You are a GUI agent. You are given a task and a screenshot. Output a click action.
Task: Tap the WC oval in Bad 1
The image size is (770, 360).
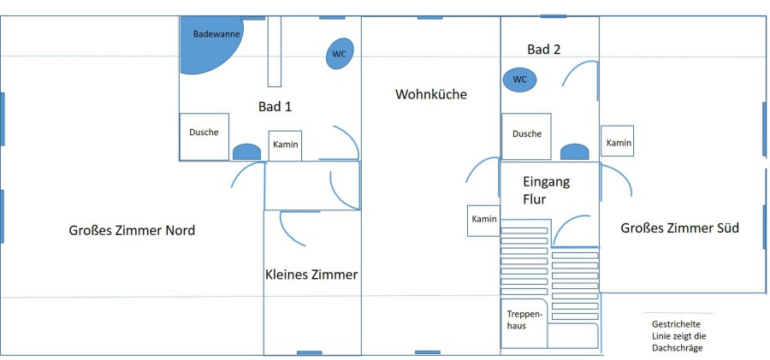pos(340,53)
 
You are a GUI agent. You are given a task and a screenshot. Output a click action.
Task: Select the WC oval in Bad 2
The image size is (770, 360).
pos(519,80)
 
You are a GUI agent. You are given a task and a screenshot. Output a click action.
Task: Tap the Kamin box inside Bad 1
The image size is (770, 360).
pos(286,145)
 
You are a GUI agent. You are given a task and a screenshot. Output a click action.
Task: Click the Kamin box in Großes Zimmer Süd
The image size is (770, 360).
pos(618,142)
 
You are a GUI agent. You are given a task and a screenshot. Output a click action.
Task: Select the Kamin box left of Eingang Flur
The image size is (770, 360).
pos(483,220)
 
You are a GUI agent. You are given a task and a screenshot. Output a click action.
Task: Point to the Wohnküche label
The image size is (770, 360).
pos(431,94)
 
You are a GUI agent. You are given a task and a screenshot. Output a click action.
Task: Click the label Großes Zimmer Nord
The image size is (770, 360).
pos(132,230)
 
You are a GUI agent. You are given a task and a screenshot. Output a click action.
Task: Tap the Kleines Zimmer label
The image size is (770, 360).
pos(311,274)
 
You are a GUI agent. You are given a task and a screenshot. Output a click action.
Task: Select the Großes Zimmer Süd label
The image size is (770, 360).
pos(679,228)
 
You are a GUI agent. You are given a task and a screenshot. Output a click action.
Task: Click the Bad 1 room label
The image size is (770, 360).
pos(275,107)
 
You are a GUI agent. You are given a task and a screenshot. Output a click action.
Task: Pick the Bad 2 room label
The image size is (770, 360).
pos(544,50)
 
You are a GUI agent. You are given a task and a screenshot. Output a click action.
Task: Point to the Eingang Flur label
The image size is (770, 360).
pos(546,191)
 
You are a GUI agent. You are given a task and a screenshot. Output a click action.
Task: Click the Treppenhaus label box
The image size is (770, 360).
pos(522,319)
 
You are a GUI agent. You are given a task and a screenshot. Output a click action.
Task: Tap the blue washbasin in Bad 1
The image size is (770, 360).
pos(246,152)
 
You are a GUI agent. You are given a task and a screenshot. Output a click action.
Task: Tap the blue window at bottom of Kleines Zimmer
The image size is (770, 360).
pos(310,352)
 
